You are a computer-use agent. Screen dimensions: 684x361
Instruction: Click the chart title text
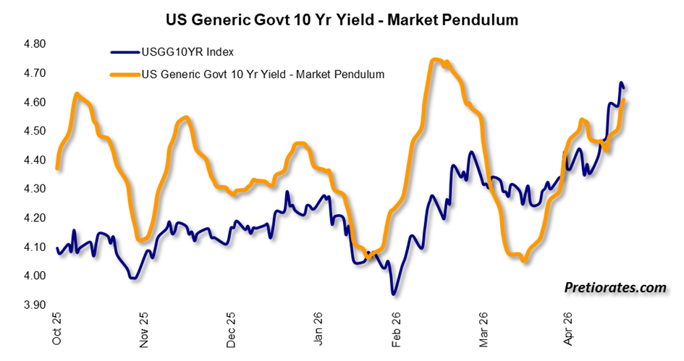tap(342, 20)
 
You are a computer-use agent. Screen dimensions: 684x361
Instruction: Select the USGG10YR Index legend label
tap(187, 52)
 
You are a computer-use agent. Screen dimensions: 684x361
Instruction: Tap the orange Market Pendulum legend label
tap(263, 75)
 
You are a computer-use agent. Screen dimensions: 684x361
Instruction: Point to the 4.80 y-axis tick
tap(35, 44)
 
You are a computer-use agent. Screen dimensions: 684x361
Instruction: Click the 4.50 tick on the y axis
tap(35, 131)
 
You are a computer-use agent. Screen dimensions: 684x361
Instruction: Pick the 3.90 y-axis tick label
tap(35, 305)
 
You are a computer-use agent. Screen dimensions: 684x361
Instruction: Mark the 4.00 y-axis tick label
tap(35, 276)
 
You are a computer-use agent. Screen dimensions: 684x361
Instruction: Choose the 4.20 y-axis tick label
tap(35, 218)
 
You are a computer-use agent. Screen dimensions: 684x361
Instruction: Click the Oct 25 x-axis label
tap(56, 328)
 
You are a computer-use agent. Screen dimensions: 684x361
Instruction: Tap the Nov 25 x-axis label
tap(143, 330)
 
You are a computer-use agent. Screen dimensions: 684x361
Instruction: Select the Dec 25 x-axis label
tap(231, 330)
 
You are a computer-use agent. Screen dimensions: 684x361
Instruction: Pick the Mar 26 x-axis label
tap(484, 330)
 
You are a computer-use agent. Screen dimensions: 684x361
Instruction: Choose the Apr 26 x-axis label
tap(567, 328)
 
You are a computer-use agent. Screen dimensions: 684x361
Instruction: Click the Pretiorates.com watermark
tap(615, 288)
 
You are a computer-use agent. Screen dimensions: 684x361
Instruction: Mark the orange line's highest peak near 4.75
tap(435, 60)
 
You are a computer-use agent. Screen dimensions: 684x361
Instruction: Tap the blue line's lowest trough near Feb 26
tap(394, 294)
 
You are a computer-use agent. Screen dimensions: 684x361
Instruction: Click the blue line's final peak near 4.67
tap(621, 83)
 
